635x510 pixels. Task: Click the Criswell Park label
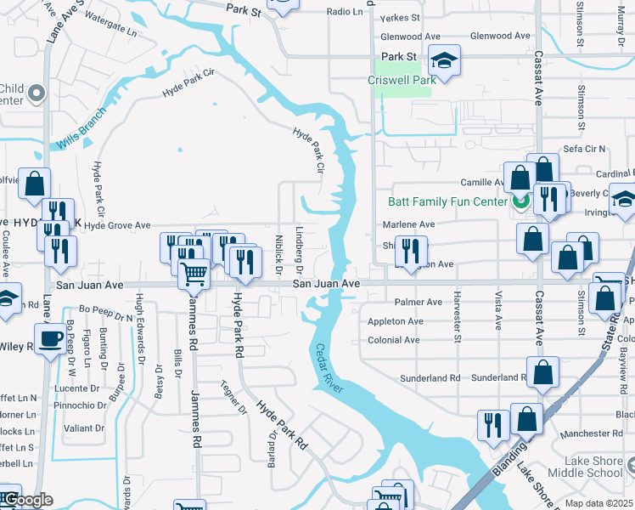(x=402, y=80)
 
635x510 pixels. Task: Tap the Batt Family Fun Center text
(x=447, y=202)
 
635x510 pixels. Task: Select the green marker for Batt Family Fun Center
(x=520, y=202)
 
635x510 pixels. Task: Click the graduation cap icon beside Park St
(x=444, y=60)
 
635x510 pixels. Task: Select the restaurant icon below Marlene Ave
(x=410, y=250)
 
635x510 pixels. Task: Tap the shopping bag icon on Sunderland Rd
(x=542, y=371)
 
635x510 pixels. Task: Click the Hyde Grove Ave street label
(x=116, y=226)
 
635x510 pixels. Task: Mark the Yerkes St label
(x=401, y=17)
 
